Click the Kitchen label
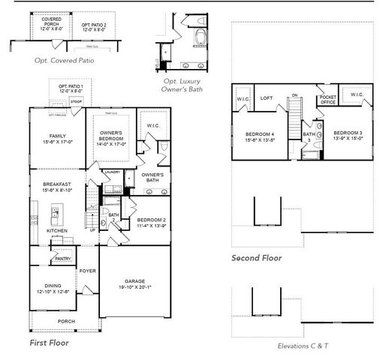pos(57,231)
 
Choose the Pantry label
pos(63,259)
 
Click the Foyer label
pos(87,271)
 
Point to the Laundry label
pos(113,172)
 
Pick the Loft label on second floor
pos(266,97)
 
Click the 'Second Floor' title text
pos(257,258)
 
